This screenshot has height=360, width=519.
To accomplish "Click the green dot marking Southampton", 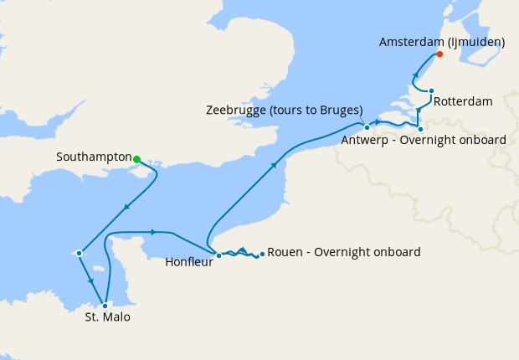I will [136, 159].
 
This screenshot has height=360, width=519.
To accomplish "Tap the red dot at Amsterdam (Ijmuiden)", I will [439, 55].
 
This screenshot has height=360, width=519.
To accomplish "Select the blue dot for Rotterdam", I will [431, 91].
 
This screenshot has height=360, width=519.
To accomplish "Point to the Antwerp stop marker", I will [420, 129].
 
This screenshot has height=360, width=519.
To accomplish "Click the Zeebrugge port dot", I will [367, 127].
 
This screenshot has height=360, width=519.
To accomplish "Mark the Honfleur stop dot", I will [218, 255].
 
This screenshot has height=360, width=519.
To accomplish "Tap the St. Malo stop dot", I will [105, 306].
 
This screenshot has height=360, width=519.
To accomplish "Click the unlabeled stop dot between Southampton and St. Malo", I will [79, 252].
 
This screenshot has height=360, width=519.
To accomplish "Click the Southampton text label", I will [94, 157].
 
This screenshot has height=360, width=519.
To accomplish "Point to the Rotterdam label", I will [463, 102].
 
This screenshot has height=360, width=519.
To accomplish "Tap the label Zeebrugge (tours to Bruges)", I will [284, 111].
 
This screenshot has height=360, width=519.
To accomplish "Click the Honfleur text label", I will [188, 261].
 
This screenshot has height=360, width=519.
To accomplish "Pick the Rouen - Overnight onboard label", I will [344, 252].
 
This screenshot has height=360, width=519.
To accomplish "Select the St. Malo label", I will [107, 318].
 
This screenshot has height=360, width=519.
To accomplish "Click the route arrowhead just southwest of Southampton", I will [126, 208].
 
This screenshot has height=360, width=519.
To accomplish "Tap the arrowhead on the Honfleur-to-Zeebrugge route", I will [275, 165].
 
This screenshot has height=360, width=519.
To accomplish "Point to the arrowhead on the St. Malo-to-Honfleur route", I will [154, 232].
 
